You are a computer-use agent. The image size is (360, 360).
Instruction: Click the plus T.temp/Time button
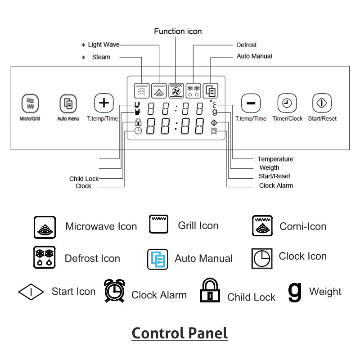(x=103, y=103)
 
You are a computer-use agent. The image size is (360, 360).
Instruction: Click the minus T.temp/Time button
(x=251, y=103)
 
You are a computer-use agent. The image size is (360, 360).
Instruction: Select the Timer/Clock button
(x=287, y=103)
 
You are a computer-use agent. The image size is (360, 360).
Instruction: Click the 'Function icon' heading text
(x=178, y=31)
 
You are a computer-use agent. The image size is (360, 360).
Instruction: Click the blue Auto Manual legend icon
(x=158, y=259)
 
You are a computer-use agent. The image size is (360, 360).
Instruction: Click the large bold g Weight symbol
(x=294, y=292)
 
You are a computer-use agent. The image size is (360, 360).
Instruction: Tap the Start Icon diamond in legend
(x=31, y=292)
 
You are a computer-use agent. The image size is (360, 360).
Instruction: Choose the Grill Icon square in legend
(x=159, y=224)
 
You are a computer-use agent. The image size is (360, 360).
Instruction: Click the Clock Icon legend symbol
(x=261, y=258)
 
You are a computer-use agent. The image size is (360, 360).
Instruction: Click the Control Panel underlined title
(x=180, y=333)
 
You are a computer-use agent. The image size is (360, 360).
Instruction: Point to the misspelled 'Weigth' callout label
(x=269, y=168)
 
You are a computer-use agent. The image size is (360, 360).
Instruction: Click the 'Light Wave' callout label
(x=103, y=45)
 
